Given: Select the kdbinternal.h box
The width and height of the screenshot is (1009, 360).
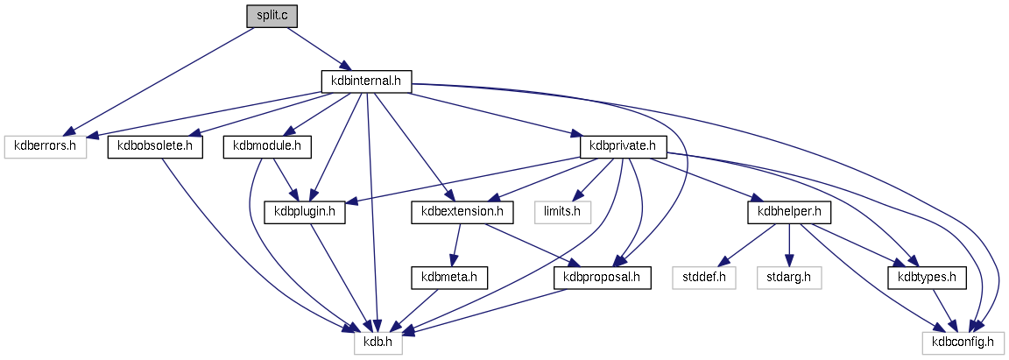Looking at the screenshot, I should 366,81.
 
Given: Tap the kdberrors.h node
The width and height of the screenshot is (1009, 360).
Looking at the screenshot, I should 46,146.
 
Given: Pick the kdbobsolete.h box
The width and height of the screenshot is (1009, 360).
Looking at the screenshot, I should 155,146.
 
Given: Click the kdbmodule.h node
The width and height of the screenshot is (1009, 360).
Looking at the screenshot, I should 263,146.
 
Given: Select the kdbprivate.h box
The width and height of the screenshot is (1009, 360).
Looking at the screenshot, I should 624,146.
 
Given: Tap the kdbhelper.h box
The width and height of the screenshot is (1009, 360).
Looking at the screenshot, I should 788,212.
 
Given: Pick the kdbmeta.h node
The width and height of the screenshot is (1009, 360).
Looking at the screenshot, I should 448,278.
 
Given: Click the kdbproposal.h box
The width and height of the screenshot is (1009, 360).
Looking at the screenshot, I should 603,278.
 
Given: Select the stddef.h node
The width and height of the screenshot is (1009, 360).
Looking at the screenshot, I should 704,278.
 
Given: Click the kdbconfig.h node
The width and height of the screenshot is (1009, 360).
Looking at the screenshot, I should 963,342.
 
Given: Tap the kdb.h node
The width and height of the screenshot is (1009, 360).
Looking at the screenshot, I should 378,342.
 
